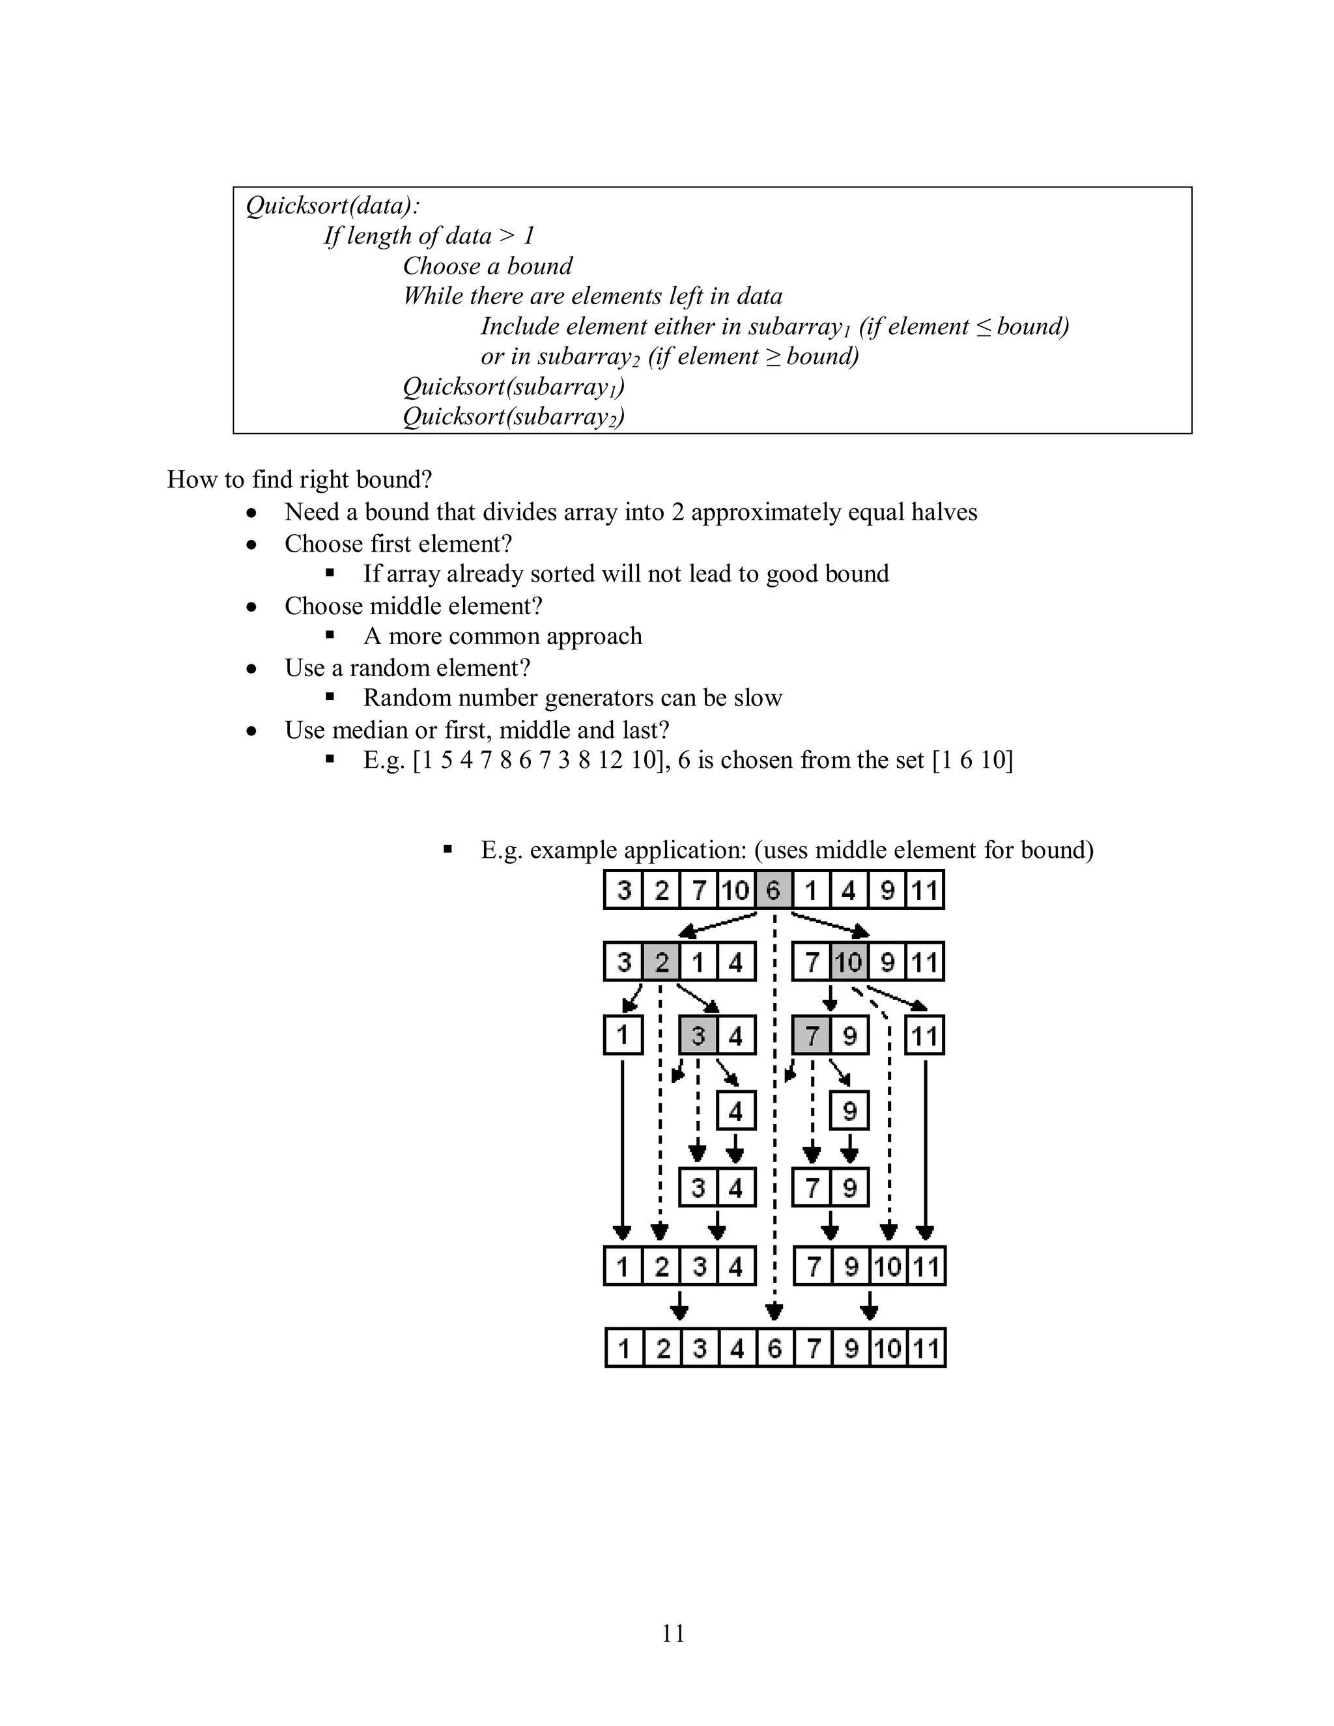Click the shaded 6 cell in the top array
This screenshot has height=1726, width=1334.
click(x=774, y=890)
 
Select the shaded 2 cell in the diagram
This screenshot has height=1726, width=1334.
click(x=660, y=963)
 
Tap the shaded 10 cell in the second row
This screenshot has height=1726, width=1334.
click(x=849, y=963)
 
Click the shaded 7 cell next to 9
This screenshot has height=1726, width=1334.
click(x=812, y=1036)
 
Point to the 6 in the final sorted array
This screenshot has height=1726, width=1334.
click(x=774, y=1348)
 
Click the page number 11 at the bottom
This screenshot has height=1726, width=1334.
click(x=674, y=1633)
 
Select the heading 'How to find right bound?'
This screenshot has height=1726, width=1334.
click(x=300, y=480)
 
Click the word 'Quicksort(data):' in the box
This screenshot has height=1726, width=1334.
click(x=333, y=206)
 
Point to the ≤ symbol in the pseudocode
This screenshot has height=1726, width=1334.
click(x=983, y=327)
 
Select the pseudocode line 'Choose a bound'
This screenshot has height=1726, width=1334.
click(x=488, y=266)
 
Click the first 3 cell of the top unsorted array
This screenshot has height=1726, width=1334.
click(x=624, y=890)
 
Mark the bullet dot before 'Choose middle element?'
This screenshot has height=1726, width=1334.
click(x=251, y=607)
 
